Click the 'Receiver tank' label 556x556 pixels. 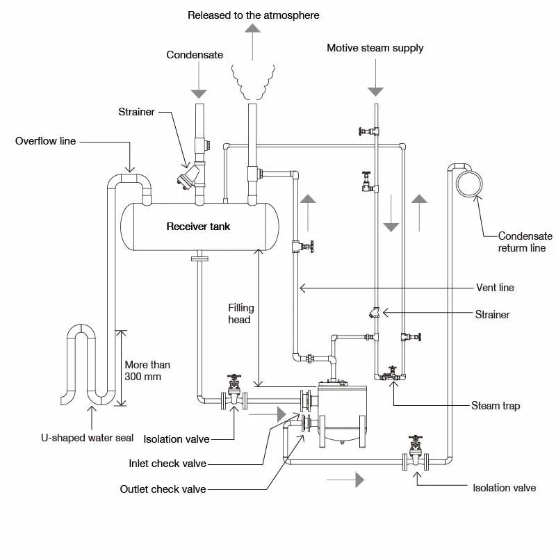pyautogui.click(x=198, y=227)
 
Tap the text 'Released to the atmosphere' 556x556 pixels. pyautogui.click(x=254, y=15)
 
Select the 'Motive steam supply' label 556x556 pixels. pyautogui.click(x=375, y=48)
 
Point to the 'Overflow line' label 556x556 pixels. pyautogui.click(x=46, y=141)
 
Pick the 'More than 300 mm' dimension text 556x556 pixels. pyautogui.click(x=147, y=370)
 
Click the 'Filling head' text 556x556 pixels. pyautogui.click(x=241, y=313)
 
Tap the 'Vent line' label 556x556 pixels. pyautogui.click(x=495, y=287)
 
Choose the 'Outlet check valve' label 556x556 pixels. pyautogui.click(x=163, y=489)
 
